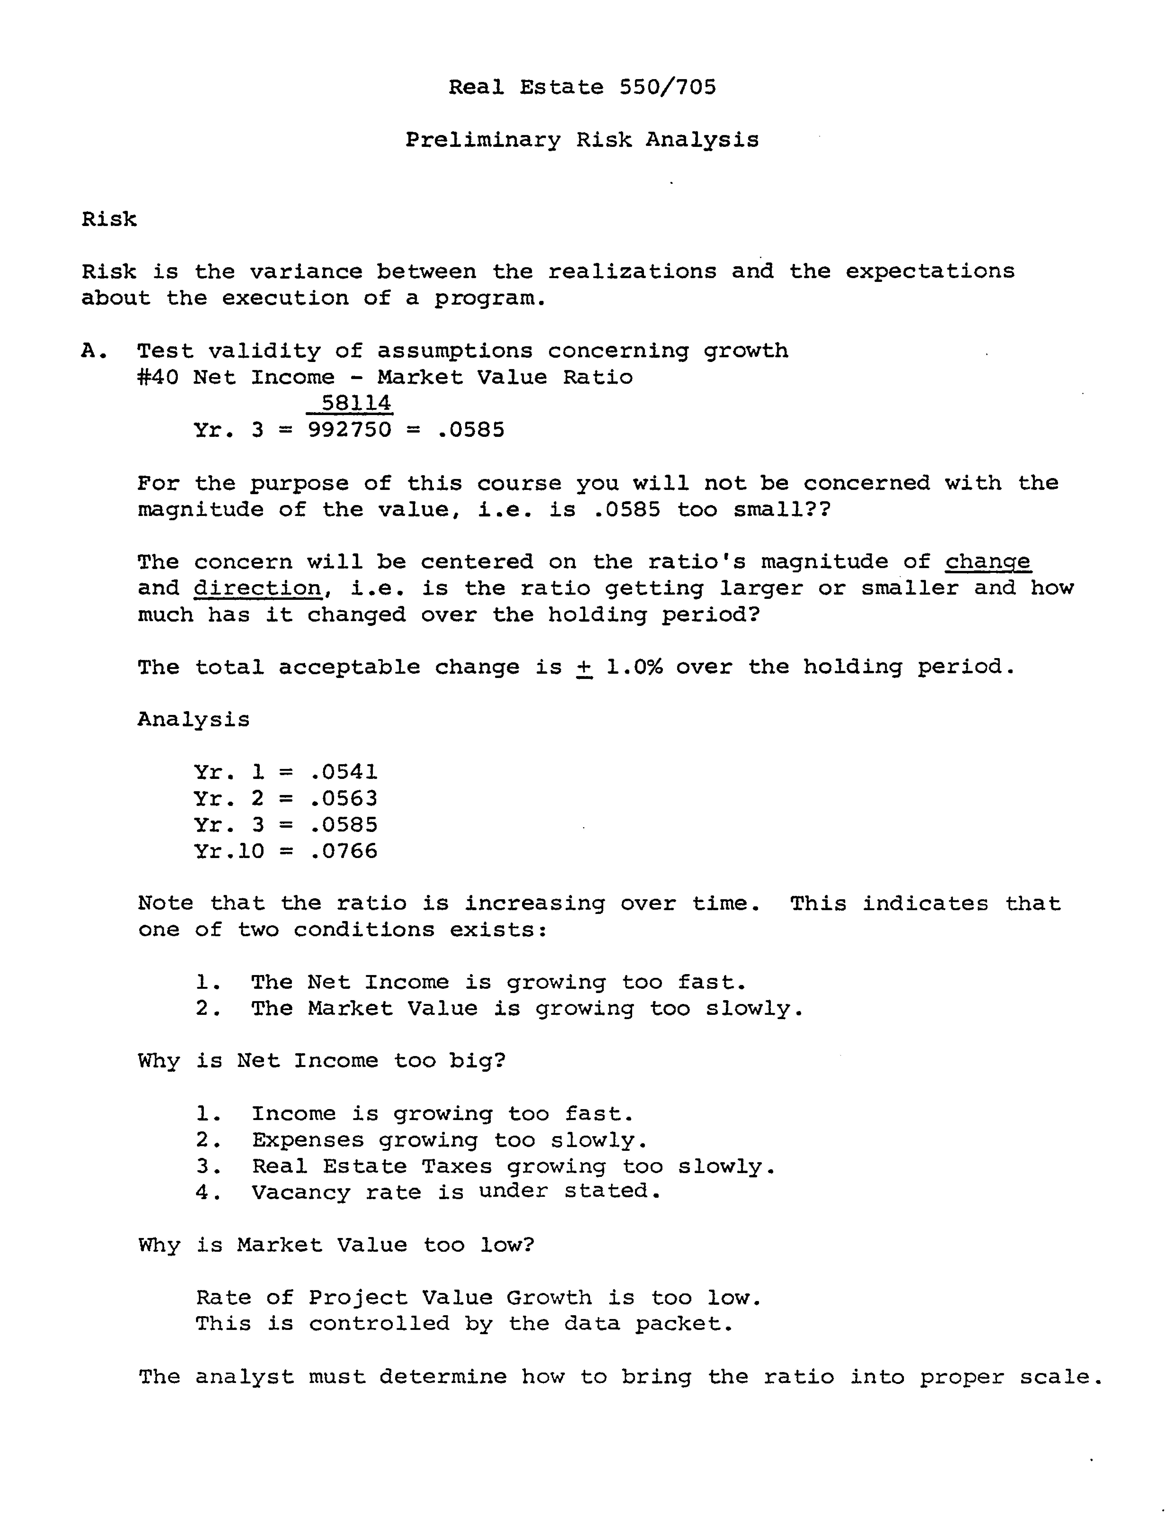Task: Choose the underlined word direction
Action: pos(257,588)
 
